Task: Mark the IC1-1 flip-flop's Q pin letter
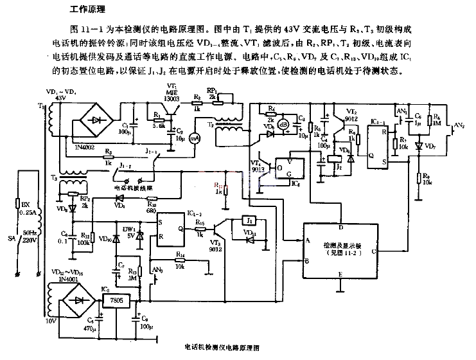click(x=372, y=154)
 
